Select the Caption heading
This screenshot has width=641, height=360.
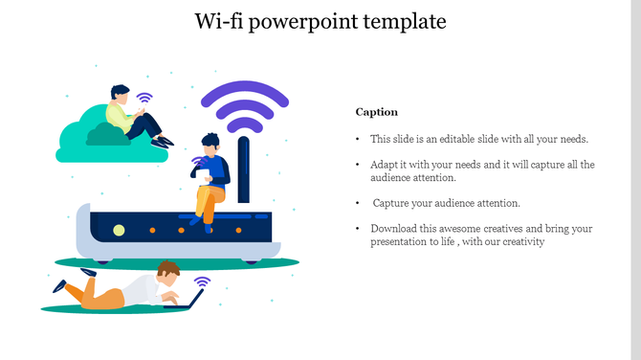(376, 112)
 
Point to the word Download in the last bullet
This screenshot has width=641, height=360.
(393, 229)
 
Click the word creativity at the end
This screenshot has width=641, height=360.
(521, 242)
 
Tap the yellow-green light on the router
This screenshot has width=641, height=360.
(119, 230)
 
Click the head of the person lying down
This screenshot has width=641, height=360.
(168, 272)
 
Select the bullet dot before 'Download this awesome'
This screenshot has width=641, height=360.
(357, 229)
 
